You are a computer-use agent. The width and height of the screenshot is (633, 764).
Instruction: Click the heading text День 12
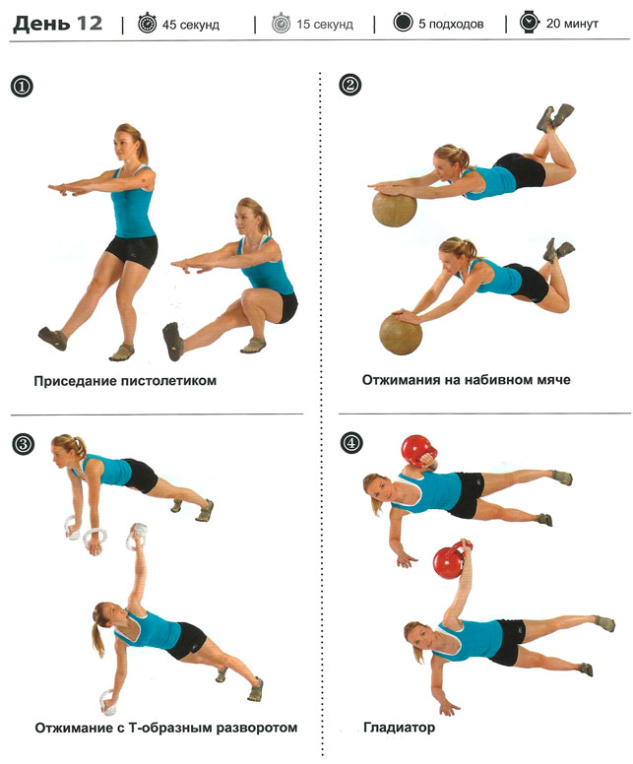(57, 24)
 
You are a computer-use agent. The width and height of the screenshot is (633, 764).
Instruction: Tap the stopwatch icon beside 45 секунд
(147, 24)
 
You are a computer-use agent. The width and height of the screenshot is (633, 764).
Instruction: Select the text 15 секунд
(325, 24)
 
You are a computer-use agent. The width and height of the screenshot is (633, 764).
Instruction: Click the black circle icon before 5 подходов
(403, 23)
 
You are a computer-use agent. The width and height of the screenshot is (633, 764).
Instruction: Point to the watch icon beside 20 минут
(529, 23)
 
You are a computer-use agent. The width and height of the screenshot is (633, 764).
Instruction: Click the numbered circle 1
(22, 87)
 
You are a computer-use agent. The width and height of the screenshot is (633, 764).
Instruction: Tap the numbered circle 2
(349, 85)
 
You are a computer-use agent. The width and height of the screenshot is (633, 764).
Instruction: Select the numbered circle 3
(23, 444)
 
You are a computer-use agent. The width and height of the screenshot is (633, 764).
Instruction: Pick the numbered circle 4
(351, 443)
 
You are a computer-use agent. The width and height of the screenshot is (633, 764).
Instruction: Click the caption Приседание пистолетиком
(125, 381)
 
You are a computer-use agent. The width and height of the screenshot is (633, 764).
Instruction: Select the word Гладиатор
(399, 728)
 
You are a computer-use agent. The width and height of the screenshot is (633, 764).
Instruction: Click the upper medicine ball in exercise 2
(395, 209)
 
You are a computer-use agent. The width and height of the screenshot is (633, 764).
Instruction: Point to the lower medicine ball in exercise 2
(401, 335)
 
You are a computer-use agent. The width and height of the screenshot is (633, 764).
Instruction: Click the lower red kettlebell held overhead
(451, 560)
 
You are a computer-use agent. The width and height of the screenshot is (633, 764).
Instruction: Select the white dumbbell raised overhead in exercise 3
(137, 536)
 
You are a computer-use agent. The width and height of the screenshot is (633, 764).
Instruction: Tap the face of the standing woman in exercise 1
(122, 144)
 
